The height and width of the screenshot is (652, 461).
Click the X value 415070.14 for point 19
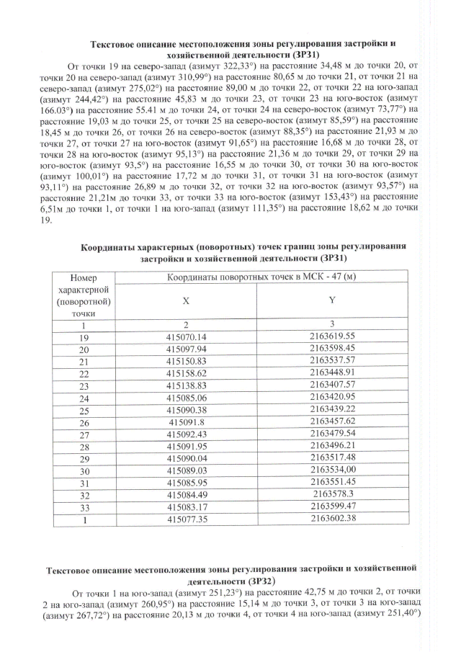[186, 336]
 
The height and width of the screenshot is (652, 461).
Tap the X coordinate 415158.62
[186, 372]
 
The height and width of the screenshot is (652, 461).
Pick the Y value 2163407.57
[333, 384]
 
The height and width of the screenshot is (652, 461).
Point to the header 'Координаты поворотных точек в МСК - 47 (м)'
[262, 277]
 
